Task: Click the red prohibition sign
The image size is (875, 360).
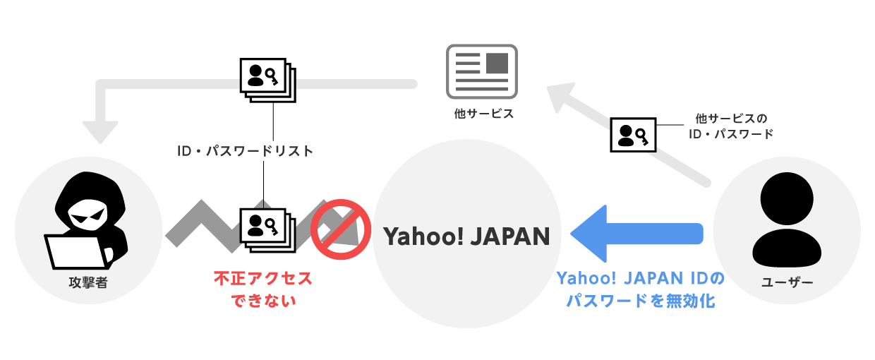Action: [342, 227]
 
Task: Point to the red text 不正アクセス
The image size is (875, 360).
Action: [262, 278]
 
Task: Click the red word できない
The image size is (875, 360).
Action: [262, 301]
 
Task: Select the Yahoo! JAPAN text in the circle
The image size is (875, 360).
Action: [466, 236]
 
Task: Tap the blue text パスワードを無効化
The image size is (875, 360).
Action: [641, 301]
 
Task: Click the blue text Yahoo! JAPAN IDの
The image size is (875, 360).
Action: [641, 278]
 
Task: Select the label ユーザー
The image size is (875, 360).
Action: [787, 283]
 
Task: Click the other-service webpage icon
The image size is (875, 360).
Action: [482, 71]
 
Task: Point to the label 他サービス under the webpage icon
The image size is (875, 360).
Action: [482, 114]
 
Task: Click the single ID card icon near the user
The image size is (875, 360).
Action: [632, 134]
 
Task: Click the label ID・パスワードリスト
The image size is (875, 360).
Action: [243, 150]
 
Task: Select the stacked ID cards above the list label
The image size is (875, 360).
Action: [267, 79]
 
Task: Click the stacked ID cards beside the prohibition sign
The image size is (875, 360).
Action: [267, 227]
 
